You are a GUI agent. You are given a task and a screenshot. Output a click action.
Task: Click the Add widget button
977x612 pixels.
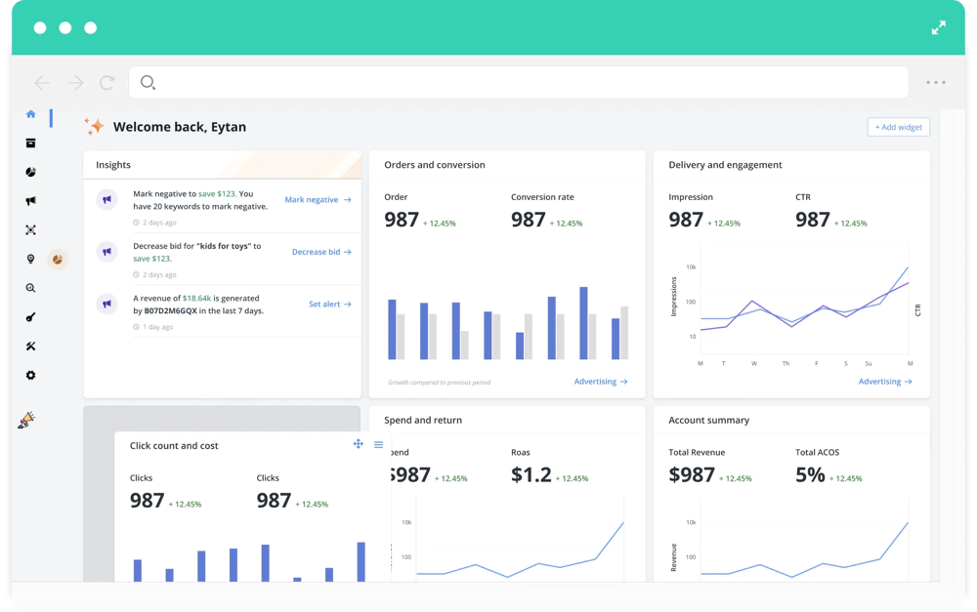coord(899,127)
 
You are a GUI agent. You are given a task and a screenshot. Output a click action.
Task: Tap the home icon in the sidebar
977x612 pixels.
coord(30,114)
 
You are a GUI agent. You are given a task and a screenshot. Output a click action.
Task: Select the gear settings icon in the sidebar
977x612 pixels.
coord(30,375)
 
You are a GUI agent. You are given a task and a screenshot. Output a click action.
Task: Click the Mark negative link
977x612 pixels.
coord(318,200)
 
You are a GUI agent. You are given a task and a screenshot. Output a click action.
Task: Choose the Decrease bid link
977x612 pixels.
coord(321,252)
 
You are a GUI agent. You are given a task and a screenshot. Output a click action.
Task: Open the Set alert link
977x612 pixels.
coord(330,305)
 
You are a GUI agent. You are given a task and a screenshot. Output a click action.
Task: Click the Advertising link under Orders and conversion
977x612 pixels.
coord(601,382)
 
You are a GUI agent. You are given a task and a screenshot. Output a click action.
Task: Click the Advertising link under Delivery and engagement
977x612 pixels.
coord(885,382)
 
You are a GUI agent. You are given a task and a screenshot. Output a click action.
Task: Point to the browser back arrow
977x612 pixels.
coord(42,83)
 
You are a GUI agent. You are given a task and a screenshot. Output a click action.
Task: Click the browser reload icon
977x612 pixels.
coord(107,82)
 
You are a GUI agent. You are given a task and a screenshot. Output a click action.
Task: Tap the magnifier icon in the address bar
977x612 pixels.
coord(148,82)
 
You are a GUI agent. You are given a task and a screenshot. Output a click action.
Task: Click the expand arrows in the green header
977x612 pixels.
coord(938,28)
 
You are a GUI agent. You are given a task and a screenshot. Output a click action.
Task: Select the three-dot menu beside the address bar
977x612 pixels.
coord(936,82)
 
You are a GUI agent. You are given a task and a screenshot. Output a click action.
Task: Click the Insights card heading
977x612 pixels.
coord(113,165)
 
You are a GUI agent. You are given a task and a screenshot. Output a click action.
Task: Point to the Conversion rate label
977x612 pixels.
coord(542,197)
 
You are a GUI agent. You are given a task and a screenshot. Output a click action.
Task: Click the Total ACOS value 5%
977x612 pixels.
coord(810,475)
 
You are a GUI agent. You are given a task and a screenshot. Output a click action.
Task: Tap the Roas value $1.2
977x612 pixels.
coord(531,475)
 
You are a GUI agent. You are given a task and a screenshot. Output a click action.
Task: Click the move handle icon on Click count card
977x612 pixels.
coord(359,444)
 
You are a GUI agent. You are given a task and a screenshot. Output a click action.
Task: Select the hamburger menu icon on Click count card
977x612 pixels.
coord(378,444)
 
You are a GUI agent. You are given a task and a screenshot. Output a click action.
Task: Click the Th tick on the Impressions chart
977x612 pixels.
coord(786,364)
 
